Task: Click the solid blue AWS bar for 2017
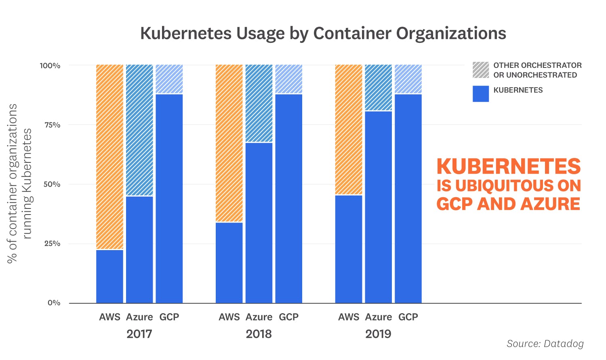pos(109,276)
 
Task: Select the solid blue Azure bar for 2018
pos(259,223)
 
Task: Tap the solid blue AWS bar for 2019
pos(349,249)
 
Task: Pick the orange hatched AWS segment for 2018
pos(229,143)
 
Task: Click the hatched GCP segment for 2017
pos(169,79)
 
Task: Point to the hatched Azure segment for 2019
pos(379,87)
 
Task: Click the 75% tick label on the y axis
pos(52,125)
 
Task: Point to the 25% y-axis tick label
pos(52,244)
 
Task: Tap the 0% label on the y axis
pos(54,303)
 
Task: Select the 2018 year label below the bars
pos(259,334)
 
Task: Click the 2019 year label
pos(379,334)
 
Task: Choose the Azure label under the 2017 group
pos(139,317)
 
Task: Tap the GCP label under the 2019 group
pos(408,317)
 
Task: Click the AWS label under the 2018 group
pos(229,317)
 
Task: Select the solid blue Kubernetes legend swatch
pos(481,94)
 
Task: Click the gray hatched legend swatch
pos(481,70)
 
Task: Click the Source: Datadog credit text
pos(545,344)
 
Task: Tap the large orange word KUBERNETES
pos(509,166)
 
